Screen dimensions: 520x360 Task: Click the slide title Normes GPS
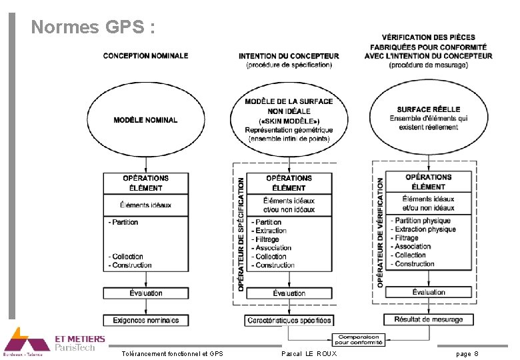(93, 27)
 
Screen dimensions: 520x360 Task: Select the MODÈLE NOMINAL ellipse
(145, 120)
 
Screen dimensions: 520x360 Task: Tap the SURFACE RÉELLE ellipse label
(428, 109)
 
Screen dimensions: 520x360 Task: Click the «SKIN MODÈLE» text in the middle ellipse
(289, 121)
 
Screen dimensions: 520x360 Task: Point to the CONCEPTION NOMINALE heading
(145, 56)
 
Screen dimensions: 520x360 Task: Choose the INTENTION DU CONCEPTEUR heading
(289, 56)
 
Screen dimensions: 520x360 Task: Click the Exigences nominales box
(145, 321)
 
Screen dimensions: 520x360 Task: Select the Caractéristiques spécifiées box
(289, 321)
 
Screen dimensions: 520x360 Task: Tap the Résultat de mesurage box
(428, 320)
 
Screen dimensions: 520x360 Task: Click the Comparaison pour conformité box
(358, 340)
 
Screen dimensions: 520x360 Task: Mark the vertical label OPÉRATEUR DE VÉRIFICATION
(380, 232)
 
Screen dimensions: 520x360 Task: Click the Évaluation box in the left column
(145, 293)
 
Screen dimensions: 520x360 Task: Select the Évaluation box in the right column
(428, 293)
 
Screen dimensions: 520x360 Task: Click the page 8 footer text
(467, 353)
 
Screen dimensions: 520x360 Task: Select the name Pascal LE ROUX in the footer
(309, 353)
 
